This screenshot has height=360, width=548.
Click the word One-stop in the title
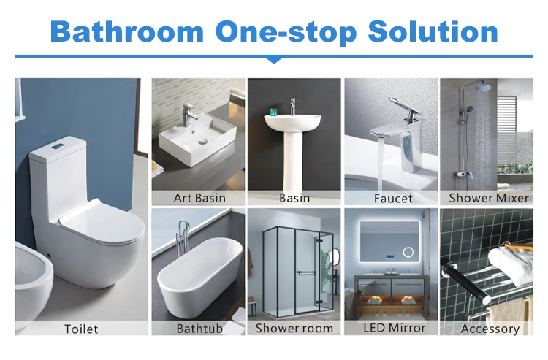click(284, 31)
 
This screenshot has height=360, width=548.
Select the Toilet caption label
click(80, 329)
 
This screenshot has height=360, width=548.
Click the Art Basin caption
click(199, 198)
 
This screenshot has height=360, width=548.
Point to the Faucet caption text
click(392, 198)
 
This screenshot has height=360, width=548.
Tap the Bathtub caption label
click(199, 329)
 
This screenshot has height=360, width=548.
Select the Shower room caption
click(293, 329)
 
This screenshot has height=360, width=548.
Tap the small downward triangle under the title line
click(273, 60)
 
